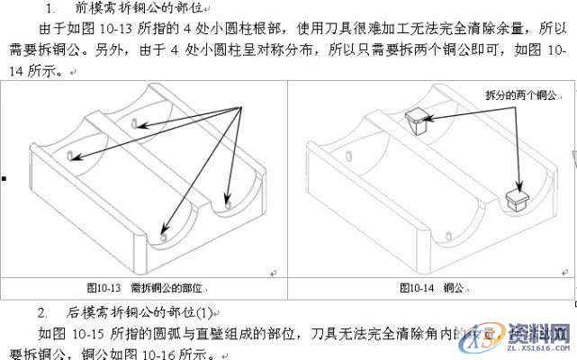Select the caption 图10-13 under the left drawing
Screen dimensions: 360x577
pyautogui.click(x=104, y=288)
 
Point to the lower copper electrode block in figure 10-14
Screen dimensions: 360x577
pyautogui.click(x=519, y=197)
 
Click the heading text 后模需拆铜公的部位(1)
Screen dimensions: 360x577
pyautogui.click(x=145, y=312)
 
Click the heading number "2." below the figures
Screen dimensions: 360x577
pyautogui.click(x=42, y=312)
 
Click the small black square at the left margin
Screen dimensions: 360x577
pyautogui.click(x=4, y=177)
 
